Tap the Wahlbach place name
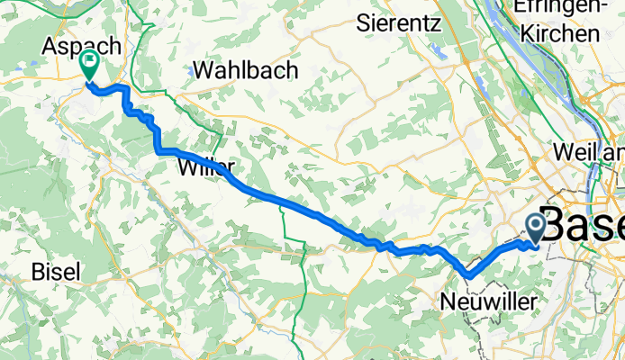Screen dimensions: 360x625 coord(243,71)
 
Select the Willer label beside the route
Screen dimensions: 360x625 coord(207,167)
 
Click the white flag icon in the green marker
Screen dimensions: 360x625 coord(90,63)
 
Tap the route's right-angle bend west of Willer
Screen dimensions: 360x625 coord(160,151)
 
